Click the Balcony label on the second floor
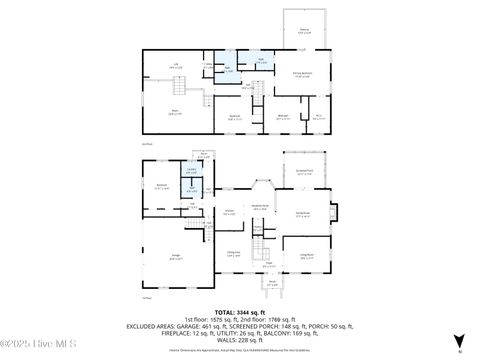tap(304, 31)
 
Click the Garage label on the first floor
tap(175, 257)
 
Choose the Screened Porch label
tap(304, 173)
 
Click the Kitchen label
tap(228, 211)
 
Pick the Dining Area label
tap(233, 253)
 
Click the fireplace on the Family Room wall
tap(335, 213)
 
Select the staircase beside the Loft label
tap(206, 100)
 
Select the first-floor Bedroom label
tap(162, 186)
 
